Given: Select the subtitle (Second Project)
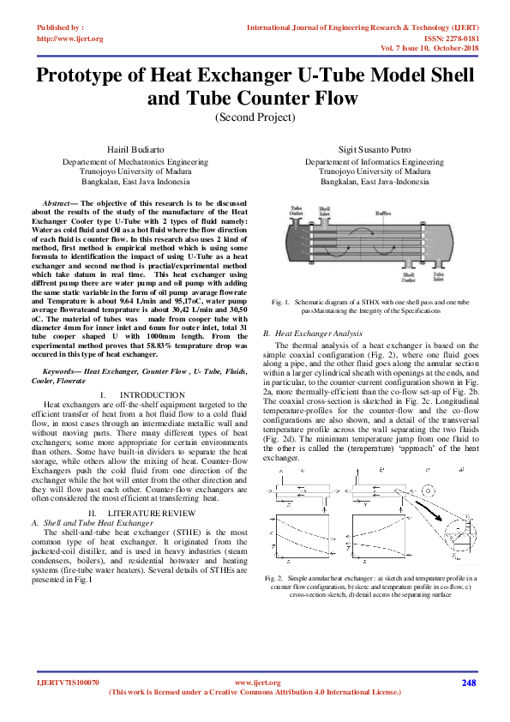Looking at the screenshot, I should click(255, 117).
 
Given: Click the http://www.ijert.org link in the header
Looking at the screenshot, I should click(70, 39).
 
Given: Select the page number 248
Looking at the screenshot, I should click(468, 683).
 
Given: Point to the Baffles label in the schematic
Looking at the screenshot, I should click(383, 213).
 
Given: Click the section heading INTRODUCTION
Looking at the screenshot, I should click(147, 394).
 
